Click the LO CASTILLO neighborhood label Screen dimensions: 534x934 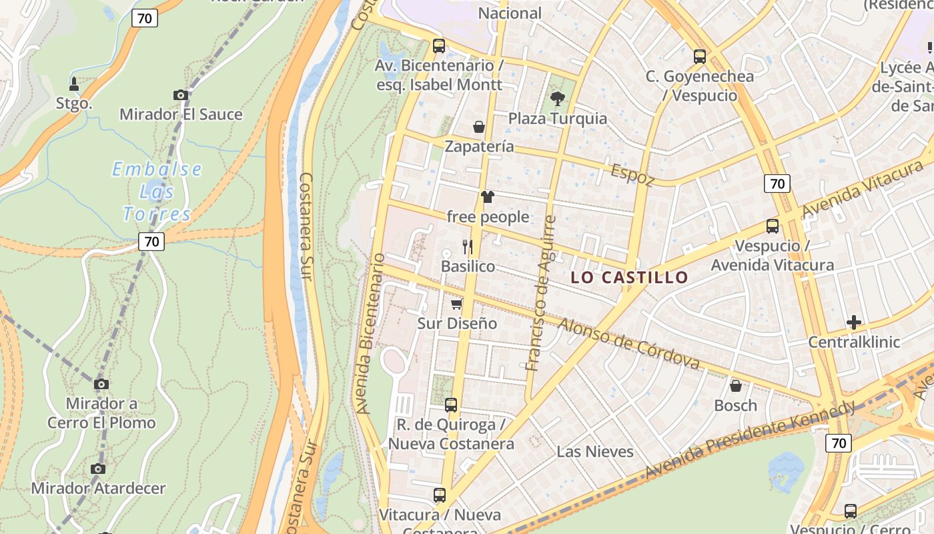tap(629, 278)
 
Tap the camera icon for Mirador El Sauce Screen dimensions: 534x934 tap(181, 95)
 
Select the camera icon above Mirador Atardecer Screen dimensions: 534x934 tap(98, 469)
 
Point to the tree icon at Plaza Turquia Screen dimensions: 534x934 tap(558, 99)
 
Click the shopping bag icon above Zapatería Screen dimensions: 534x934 tap(479, 126)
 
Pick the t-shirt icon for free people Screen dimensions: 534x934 tap(488, 197)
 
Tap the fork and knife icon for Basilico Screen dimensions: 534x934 tap(468, 246)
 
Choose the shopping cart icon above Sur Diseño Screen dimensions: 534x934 tap(457, 304)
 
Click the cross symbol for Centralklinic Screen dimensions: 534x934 tap(854, 323)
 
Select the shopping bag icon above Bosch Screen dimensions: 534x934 tap(736, 386)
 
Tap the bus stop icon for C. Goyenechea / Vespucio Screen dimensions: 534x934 tap(700, 57)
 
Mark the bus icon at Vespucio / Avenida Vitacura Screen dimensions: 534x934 tap(773, 226)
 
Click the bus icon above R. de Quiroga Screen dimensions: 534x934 tap(451, 405)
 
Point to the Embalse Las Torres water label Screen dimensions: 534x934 tap(157, 192)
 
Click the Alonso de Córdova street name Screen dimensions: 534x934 tap(629, 343)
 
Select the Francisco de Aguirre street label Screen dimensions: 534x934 tap(541, 293)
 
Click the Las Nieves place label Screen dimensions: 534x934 tap(595, 452)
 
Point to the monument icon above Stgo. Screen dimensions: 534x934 tap(74, 84)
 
